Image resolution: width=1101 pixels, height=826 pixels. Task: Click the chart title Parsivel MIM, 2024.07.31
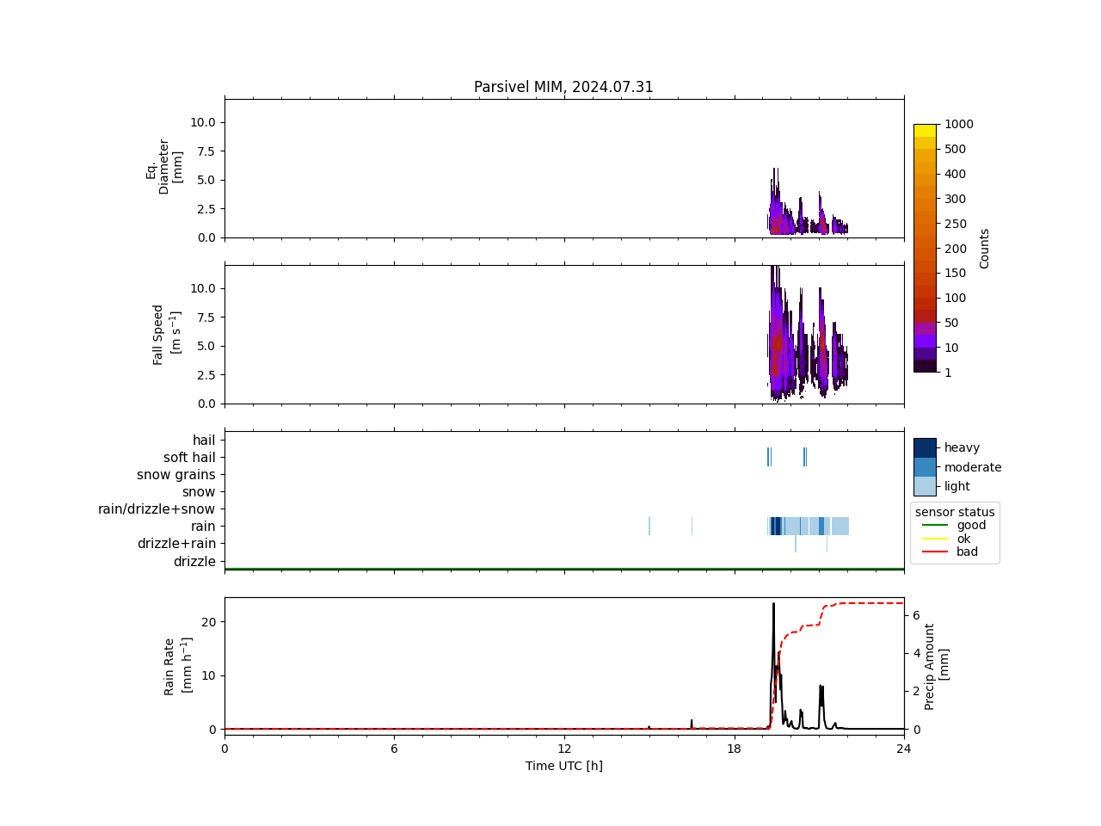[563, 87]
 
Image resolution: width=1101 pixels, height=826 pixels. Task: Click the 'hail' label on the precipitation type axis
[204, 441]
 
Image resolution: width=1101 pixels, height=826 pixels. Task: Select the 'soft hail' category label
[189, 458]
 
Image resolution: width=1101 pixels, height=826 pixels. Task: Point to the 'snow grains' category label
[176, 475]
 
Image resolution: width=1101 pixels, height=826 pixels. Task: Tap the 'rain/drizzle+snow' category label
[157, 509]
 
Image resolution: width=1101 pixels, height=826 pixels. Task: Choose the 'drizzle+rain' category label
[176, 544]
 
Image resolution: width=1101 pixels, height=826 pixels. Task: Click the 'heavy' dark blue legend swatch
[925, 447]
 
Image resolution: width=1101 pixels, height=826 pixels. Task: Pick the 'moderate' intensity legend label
[973, 467]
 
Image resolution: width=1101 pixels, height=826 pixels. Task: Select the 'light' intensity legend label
[957, 486]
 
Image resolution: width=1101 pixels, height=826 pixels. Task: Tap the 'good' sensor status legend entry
[971, 525]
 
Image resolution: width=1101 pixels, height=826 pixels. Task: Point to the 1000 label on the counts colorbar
[958, 124]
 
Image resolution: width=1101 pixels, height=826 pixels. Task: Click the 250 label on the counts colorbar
[955, 224]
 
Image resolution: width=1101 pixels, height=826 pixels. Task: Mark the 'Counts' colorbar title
[985, 248]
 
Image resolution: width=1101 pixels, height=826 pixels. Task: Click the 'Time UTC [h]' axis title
[563, 766]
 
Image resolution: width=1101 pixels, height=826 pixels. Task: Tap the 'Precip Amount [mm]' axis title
[936, 667]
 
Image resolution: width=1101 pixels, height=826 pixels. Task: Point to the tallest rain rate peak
[773, 604]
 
